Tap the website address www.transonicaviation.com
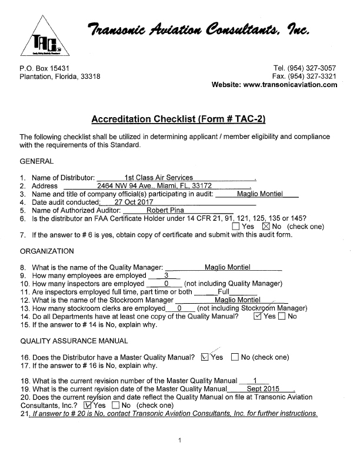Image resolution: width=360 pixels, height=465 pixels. click(x=290, y=85)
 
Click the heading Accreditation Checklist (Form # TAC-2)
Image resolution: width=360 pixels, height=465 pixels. click(x=179, y=119)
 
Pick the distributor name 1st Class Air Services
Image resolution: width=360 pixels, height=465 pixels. click(x=159, y=177)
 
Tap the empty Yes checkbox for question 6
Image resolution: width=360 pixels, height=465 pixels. click(x=236, y=227)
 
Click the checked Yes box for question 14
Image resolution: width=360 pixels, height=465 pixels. click(x=256, y=317)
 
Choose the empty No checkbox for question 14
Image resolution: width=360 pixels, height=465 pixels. click(x=281, y=317)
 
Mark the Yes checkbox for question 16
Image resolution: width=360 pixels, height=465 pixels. click(x=205, y=357)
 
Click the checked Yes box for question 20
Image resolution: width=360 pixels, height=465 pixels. click(x=88, y=405)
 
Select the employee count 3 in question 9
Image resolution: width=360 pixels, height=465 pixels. click(x=166, y=275)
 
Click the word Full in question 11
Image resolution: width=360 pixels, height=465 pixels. click(x=224, y=291)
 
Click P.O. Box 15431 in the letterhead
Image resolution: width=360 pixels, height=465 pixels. click(x=45, y=68)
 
